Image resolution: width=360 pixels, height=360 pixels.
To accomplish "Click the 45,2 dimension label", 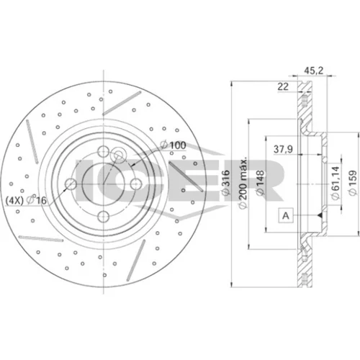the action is click(x=314, y=71).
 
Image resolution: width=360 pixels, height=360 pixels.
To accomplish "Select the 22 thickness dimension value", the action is click(x=283, y=86).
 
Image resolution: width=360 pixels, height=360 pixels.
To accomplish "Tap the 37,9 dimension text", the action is click(x=283, y=149).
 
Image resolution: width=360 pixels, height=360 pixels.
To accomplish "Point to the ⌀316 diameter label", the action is click(x=225, y=183).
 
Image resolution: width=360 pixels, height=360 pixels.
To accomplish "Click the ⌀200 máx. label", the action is click(x=243, y=183).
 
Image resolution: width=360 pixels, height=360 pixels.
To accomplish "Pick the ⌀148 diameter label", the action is click(x=260, y=183).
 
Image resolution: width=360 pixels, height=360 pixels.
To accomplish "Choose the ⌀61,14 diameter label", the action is click(x=336, y=183).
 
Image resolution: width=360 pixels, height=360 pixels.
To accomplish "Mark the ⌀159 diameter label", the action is click(x=353, y=183).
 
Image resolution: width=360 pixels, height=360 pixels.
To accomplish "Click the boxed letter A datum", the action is click(x=286, y=215).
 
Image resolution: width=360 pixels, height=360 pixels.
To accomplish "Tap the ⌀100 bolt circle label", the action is click(x=173, y=145).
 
